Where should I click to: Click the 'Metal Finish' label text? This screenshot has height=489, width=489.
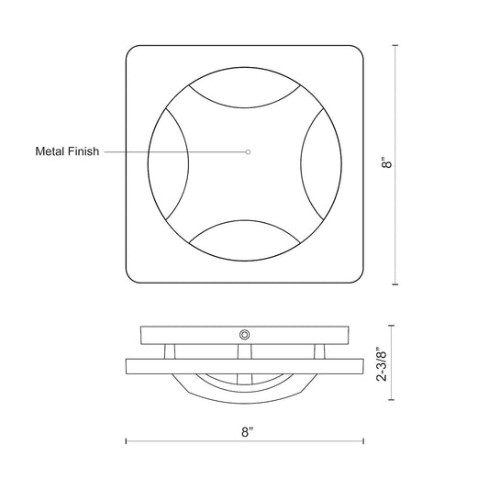(67, 150)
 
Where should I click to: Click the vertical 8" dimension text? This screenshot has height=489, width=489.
(389, 164)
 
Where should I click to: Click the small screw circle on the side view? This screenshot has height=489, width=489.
(245, 334)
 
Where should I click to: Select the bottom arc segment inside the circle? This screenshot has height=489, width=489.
(244, 227)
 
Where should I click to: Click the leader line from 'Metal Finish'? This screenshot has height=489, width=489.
(174, 150)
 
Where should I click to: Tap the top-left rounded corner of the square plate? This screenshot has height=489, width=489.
(134, 53)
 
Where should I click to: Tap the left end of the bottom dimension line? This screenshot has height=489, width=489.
(127, 440)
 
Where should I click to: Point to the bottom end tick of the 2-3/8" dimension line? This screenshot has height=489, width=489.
(392, 401)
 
